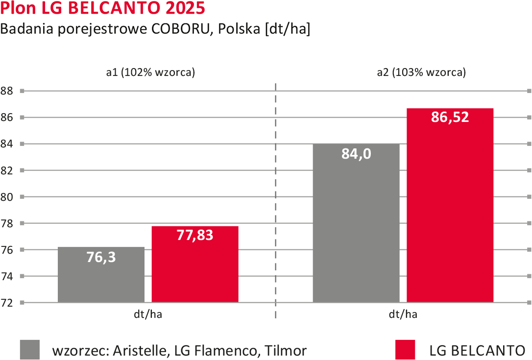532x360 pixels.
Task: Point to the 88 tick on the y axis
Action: [7, 91]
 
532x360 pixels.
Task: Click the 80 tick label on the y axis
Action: [7, 197]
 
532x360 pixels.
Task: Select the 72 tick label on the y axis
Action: [7, 303]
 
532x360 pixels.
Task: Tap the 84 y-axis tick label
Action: [7, 144]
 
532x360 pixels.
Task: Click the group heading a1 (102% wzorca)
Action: [150, 72]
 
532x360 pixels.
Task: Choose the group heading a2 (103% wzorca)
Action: [421, 72]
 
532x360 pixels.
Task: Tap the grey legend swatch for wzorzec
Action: [30, 350]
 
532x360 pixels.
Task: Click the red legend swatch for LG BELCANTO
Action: [405, 350]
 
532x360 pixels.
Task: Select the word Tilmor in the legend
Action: [286, 351]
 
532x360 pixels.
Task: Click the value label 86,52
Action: [450, 118]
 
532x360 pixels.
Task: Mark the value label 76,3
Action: [101, 257]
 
